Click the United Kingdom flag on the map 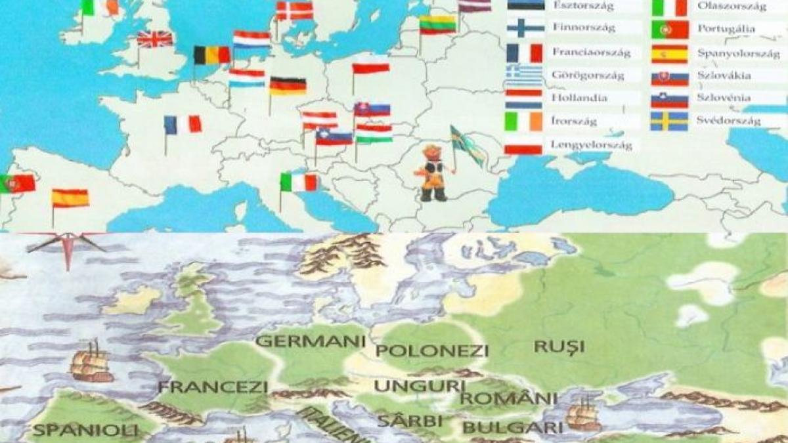[155, 39]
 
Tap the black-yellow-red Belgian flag [211, 55]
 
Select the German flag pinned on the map [288, 86]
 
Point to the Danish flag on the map [294, 11]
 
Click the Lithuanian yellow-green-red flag [438, 25]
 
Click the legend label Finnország [581, 29]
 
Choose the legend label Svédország [729, 121]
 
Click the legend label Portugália [726, 29]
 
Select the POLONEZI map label [432, 350]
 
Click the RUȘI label [559, 346]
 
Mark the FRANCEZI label [213, 387]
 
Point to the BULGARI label [512, 428]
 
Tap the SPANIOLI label [86, 431]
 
